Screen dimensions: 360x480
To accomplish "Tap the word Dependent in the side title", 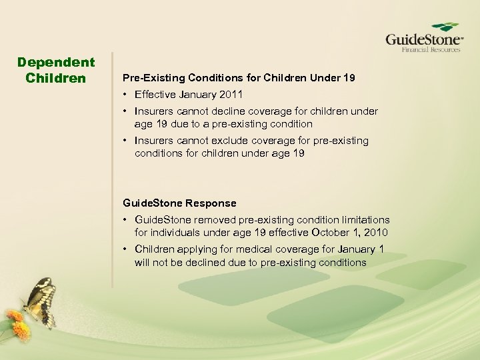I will click(56, 63).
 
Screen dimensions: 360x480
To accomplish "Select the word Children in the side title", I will click(56, 78).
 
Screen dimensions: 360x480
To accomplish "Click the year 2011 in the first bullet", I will click(233, 94).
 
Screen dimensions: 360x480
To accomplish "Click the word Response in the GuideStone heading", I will click(211, 203).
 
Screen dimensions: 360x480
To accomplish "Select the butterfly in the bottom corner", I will click(38, 301).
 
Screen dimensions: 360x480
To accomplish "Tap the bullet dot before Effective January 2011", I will click(126, 94).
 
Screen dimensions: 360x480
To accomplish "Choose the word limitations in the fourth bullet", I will click(365, 220).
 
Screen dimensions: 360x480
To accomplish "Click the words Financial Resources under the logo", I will click(431, 49).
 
